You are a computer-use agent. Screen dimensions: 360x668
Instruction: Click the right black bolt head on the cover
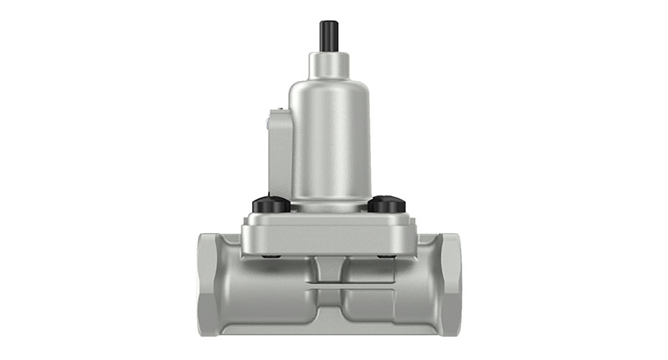coord(387,203)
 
